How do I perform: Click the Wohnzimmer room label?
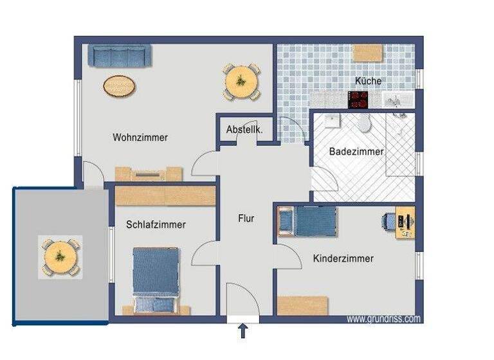140,138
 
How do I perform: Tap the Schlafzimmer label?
156,224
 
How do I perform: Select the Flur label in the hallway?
246,219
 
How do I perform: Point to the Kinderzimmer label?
343,258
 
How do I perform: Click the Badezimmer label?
356,152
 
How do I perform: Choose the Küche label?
368,81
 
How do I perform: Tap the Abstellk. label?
244,129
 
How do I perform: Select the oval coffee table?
120,85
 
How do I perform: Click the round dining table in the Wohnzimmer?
242,81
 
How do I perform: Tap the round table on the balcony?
60,256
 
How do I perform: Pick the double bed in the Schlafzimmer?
155,279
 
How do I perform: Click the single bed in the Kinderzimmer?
308,222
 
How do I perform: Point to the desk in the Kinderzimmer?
405,222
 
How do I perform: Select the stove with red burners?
358,100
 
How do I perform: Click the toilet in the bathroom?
364,123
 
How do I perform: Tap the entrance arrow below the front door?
243,331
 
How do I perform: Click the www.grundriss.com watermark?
383,319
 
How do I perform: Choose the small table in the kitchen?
367,52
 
